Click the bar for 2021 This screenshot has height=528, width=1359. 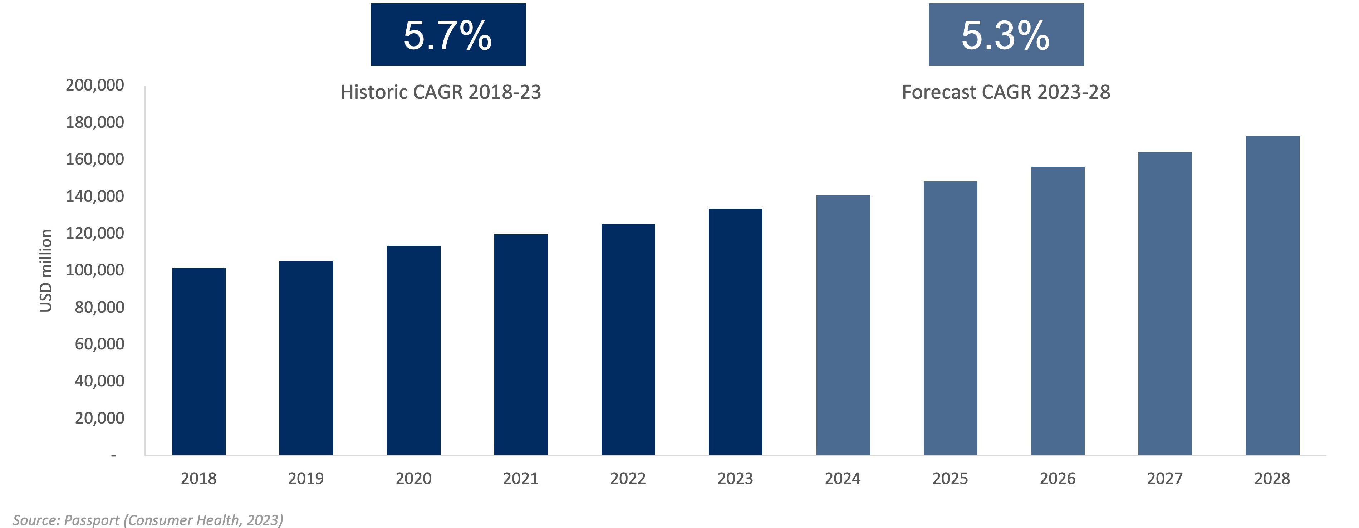click(x=521, y=344)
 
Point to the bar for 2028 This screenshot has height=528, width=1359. click(x=1272, y=295)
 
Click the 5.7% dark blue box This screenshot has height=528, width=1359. click(x=448, y=35)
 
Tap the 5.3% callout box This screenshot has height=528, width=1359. click(x=1006, y=35)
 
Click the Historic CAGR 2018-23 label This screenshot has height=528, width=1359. click(x=441, y=92)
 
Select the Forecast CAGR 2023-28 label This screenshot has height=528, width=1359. click(x=1006, y=92)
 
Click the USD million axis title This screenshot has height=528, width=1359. click(x=46, y=270)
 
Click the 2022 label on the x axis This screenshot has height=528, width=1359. click(x=628, y=478)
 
